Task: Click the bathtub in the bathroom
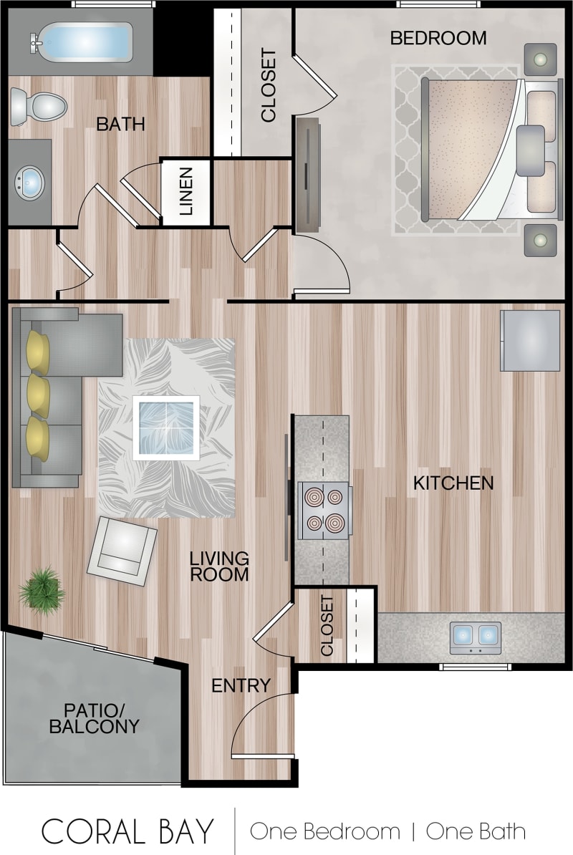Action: tap(81, 41)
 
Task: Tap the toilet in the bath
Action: tap(39, 107)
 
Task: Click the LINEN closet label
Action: tap(186, 191)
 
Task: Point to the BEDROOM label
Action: tap(438, 38)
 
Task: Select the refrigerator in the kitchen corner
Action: tap(530, 341)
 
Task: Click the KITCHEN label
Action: tap(453, 483)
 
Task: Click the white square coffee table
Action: tap(166, 427)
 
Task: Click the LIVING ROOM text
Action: tap(219, 566)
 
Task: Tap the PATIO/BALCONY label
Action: tap(93, 718)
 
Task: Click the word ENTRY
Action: tap(241, 685)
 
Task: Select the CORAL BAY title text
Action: tap(127, 831)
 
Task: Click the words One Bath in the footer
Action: tap(476, 831)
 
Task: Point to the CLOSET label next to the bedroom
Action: tap(268, 84)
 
